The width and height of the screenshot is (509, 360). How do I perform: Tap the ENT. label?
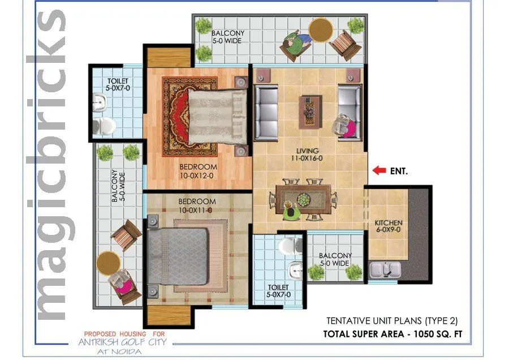399,170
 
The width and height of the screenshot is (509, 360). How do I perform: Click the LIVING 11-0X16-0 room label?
308,155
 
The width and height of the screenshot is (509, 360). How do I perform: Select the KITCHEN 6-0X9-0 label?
389,227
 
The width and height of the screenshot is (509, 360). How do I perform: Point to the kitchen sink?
385,270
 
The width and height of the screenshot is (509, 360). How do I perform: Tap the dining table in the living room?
303,199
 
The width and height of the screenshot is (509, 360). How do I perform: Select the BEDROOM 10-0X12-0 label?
198,171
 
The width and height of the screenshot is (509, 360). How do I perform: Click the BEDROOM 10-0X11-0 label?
197,206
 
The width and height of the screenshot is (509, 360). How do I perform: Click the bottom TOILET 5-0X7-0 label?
279,291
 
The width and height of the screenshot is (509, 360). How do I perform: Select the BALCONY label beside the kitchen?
335,259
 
